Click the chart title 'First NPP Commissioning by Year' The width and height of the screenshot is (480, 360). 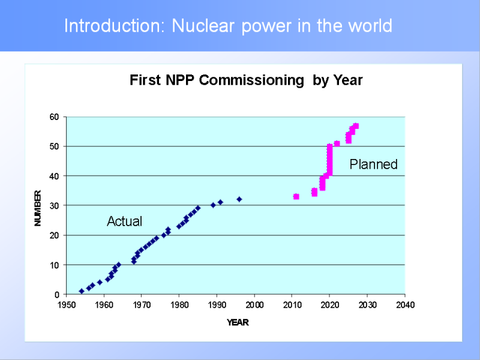click(x=246, y=80)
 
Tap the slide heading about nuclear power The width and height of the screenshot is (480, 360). click(x=228, y=26)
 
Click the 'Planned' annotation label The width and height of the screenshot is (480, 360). click(x=373, y=164)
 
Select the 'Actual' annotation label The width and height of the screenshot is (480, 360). click(x=124, y=221)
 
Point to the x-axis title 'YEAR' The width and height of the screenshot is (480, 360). click(x=238, y=323)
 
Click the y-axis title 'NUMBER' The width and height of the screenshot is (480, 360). click(x=38, y=208)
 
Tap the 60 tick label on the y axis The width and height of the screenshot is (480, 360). click(x=55, y=117)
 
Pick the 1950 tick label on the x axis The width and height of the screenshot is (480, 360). click(x=67, y=305)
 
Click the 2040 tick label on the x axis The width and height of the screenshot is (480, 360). click(x=405, y=305)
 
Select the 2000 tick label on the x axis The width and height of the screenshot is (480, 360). click(x=254, y=305)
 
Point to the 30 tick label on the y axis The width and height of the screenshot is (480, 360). click(x=55, y=206)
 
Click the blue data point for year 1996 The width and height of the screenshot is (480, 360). click(x=239, y=199)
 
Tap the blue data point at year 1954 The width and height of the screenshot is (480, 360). click(x=82, y=291)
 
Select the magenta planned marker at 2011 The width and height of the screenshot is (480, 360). click(x=296, y=196)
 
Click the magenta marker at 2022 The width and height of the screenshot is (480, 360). click(x=337, y=143)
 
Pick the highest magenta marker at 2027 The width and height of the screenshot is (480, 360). click(x=356, y=126)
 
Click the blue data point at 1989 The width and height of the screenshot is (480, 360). click(x=213, y=205)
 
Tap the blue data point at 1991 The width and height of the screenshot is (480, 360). click(x=220, y=202)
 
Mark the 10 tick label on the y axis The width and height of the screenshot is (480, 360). click(x=55, y=265)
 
